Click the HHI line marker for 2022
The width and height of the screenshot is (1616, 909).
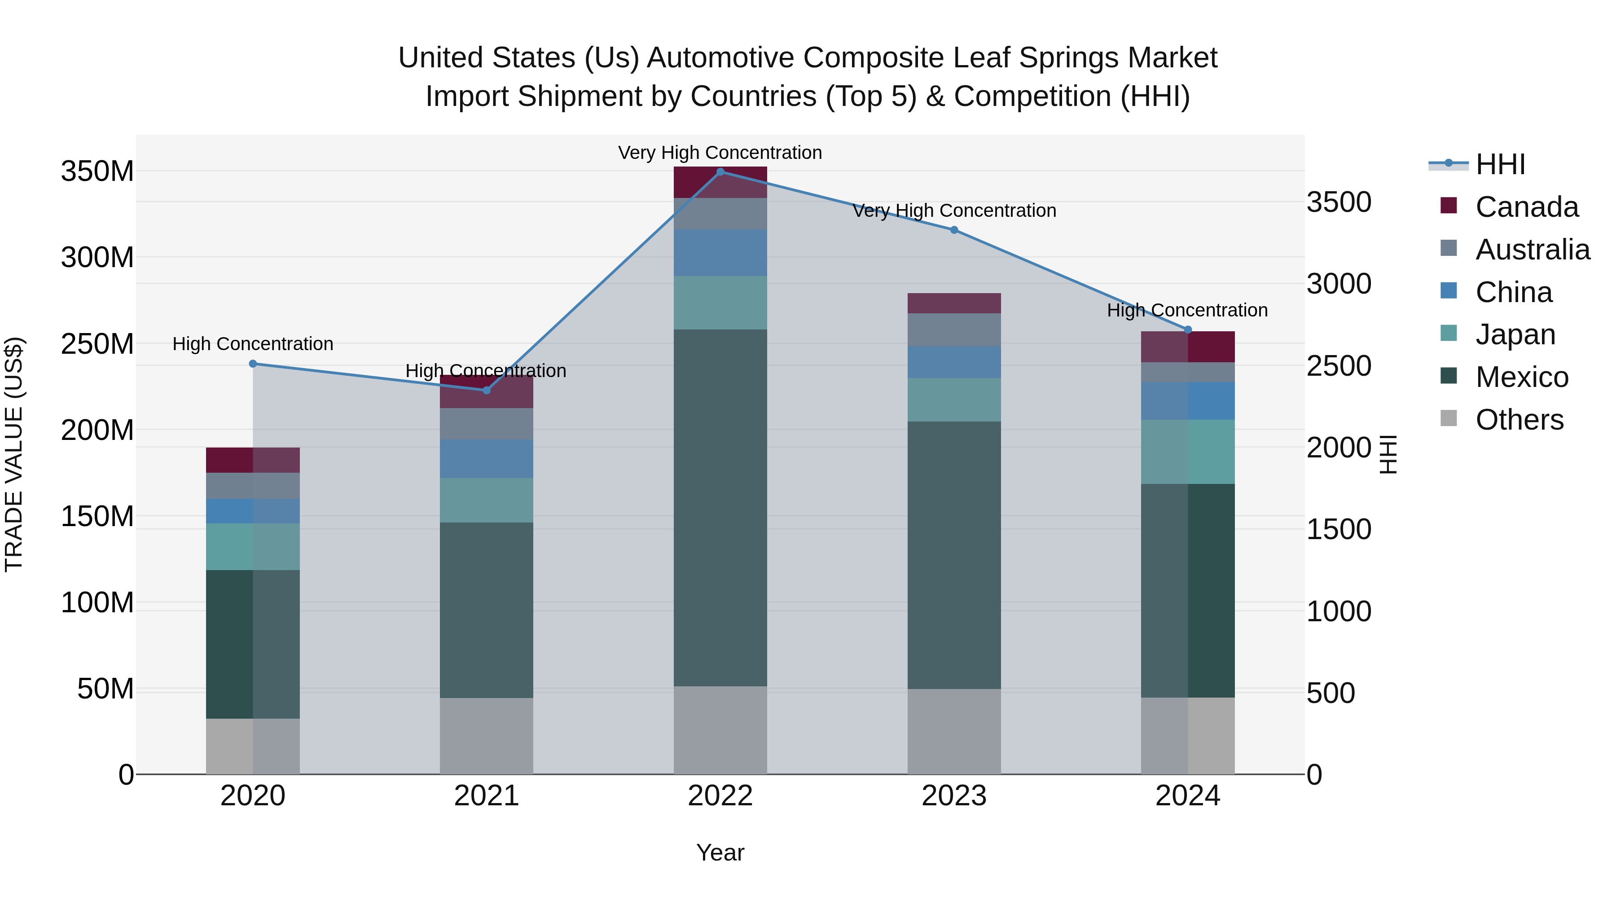point(720,172)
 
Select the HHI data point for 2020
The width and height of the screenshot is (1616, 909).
point(253,364)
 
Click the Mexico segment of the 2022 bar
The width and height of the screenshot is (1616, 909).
point(720,508)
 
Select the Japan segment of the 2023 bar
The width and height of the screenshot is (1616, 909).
point(954,400)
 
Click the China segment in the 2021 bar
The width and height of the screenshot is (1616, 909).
point(486,459)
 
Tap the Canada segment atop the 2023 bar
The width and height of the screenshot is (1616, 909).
point(954,303)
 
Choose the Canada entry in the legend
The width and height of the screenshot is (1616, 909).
point(1526,207)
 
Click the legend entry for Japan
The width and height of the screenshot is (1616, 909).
point(1515,334)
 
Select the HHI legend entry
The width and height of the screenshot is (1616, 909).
point(1500,164)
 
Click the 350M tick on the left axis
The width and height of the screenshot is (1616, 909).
point(97,171)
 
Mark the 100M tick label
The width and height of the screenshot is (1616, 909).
point(97,603)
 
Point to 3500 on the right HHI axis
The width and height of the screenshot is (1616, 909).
point(1339,202)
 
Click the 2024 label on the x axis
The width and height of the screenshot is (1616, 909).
point(1187,796)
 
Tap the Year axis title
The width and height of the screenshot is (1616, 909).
point(720,852)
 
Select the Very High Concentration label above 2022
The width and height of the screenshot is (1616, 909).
point(720,153)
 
